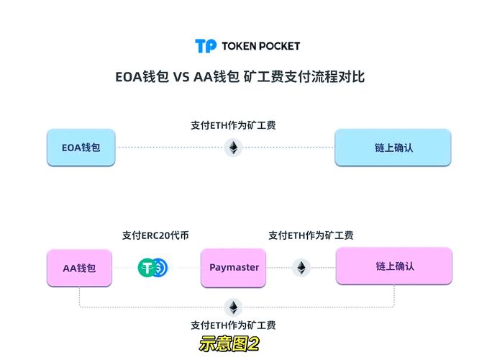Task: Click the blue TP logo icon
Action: (206, 46)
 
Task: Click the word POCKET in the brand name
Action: (281, 46)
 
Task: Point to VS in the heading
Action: (181, 76)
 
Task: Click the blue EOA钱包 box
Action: (81, 148)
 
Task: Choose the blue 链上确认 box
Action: (393, 148)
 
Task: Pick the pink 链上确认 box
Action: (394, 266)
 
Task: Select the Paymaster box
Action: (234, 268)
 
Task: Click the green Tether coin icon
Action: (147, 268)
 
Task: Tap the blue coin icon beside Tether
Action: (160, 268)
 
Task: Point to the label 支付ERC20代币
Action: (155, 235)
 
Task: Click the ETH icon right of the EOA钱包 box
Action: (233, 148)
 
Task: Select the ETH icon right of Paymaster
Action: (301, 268)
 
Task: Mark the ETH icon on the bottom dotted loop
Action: (233, 307)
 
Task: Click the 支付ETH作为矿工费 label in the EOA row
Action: (233, 125)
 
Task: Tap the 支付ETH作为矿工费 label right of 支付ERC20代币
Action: (311, 235)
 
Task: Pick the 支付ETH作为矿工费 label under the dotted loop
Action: (233, 325)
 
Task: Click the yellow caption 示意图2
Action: (229, 344)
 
